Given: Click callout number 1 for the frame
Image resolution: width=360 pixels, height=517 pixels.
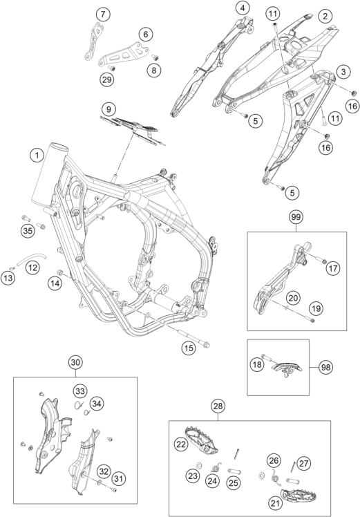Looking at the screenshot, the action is click(x=37, y=156).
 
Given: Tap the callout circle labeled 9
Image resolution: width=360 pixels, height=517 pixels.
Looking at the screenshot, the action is click(x=108, y=109).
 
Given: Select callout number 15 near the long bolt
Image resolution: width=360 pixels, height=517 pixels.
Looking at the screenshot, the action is click(x=189, y=348).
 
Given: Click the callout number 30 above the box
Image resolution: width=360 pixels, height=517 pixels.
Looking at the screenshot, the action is click(x=75, y=362).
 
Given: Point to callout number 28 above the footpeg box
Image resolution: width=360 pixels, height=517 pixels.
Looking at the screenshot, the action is click(x=218, y=406).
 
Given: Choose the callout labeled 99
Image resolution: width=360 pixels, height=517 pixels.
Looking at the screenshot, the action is click(x=296, y=217).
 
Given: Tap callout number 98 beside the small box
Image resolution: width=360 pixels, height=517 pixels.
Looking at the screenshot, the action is click(x=325, y=367).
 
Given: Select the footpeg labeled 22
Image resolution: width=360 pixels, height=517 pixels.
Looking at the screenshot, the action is click(x=201, y=438).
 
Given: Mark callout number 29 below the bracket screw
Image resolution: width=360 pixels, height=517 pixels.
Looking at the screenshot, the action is click(x=107, y=79).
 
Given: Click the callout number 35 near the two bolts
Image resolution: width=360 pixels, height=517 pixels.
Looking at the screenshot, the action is click(x=28, y=230).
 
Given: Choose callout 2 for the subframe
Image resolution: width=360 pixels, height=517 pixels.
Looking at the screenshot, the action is click(x=325, y=15).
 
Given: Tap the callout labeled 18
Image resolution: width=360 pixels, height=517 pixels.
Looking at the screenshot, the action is click(x=257, y=364).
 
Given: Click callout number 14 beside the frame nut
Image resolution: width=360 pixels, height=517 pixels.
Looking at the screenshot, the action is click(x=55, y=283).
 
